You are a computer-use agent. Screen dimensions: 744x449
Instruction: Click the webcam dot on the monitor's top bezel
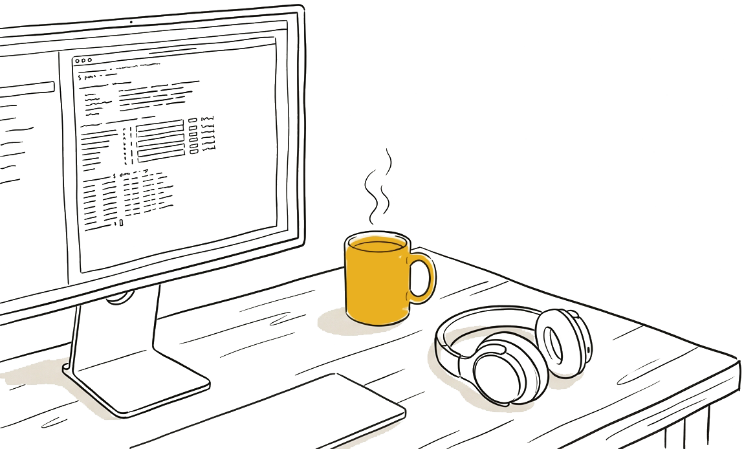coord(131,21)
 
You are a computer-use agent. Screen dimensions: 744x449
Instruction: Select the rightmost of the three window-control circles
coord(91,60)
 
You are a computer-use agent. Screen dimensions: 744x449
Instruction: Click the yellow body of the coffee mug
coord(375,285)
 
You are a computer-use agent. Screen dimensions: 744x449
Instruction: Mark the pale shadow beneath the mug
coord(336,323)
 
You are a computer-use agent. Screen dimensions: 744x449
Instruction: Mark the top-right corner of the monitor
coord(301,8)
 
